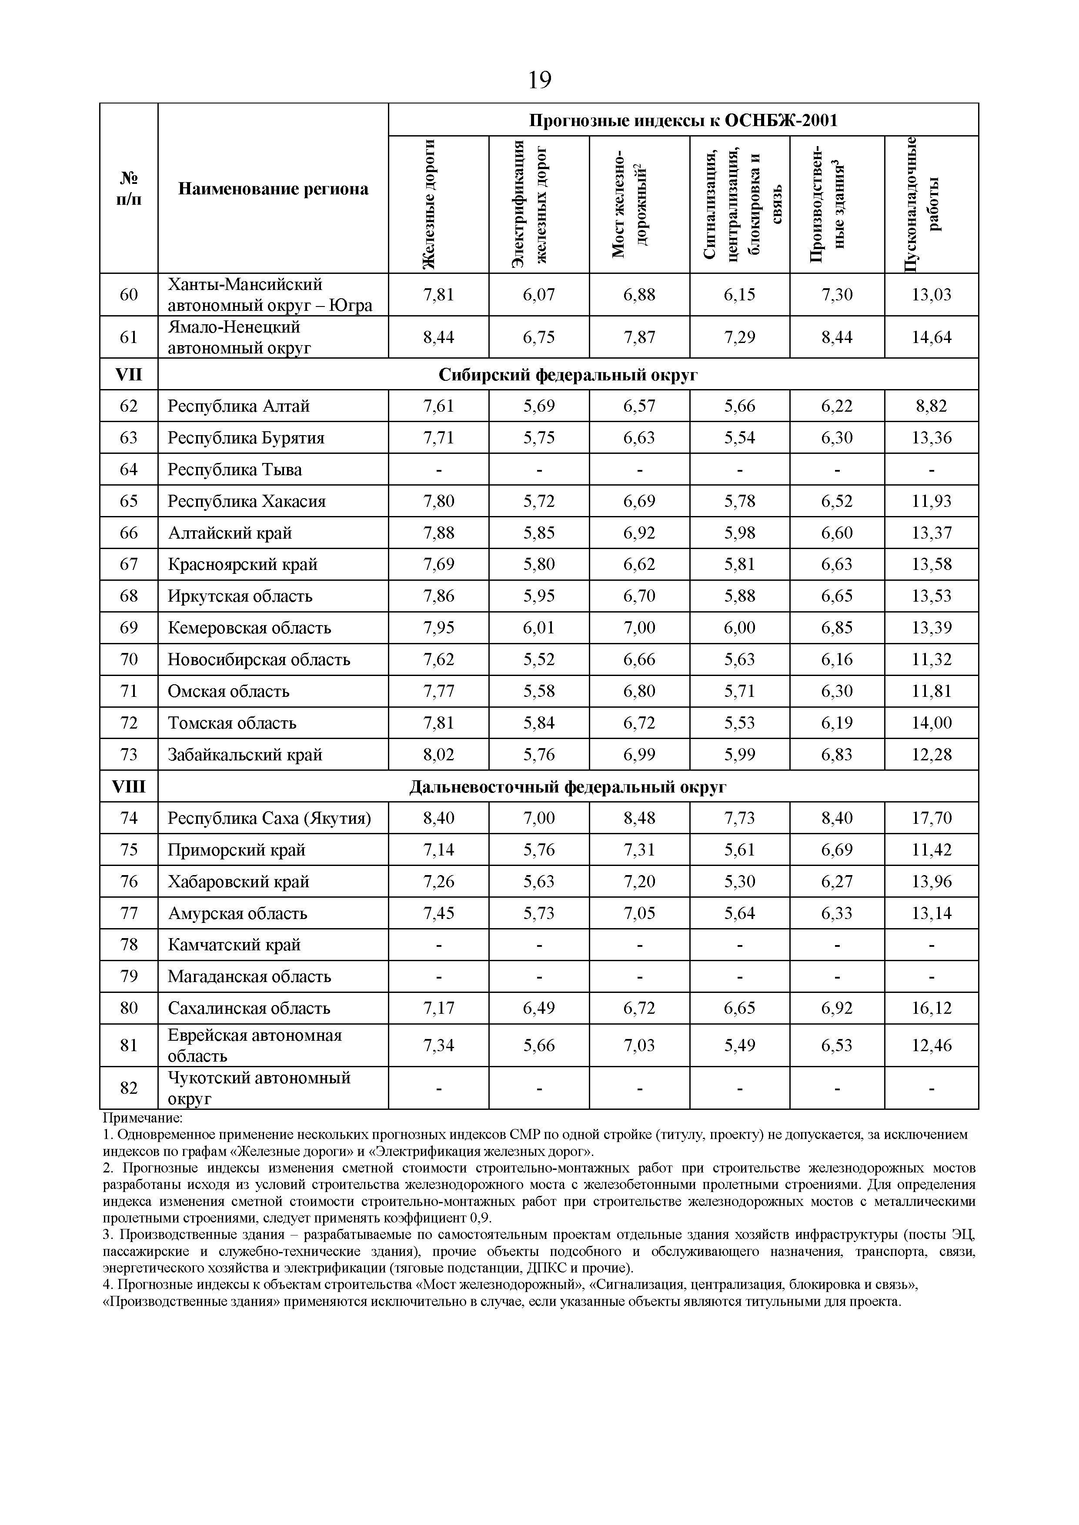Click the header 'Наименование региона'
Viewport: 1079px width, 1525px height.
[273, 189]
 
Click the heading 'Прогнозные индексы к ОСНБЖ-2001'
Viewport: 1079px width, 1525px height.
[683, 120]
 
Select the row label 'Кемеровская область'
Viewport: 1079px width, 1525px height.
[249, 628]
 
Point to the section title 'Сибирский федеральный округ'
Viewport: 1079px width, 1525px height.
[568, 375]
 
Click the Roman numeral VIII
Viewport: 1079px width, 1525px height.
[129, 786]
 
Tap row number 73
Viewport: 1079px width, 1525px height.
[129, 755]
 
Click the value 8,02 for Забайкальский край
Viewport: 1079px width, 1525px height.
[438, 755]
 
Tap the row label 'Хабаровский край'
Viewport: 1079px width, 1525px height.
[238, 881]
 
